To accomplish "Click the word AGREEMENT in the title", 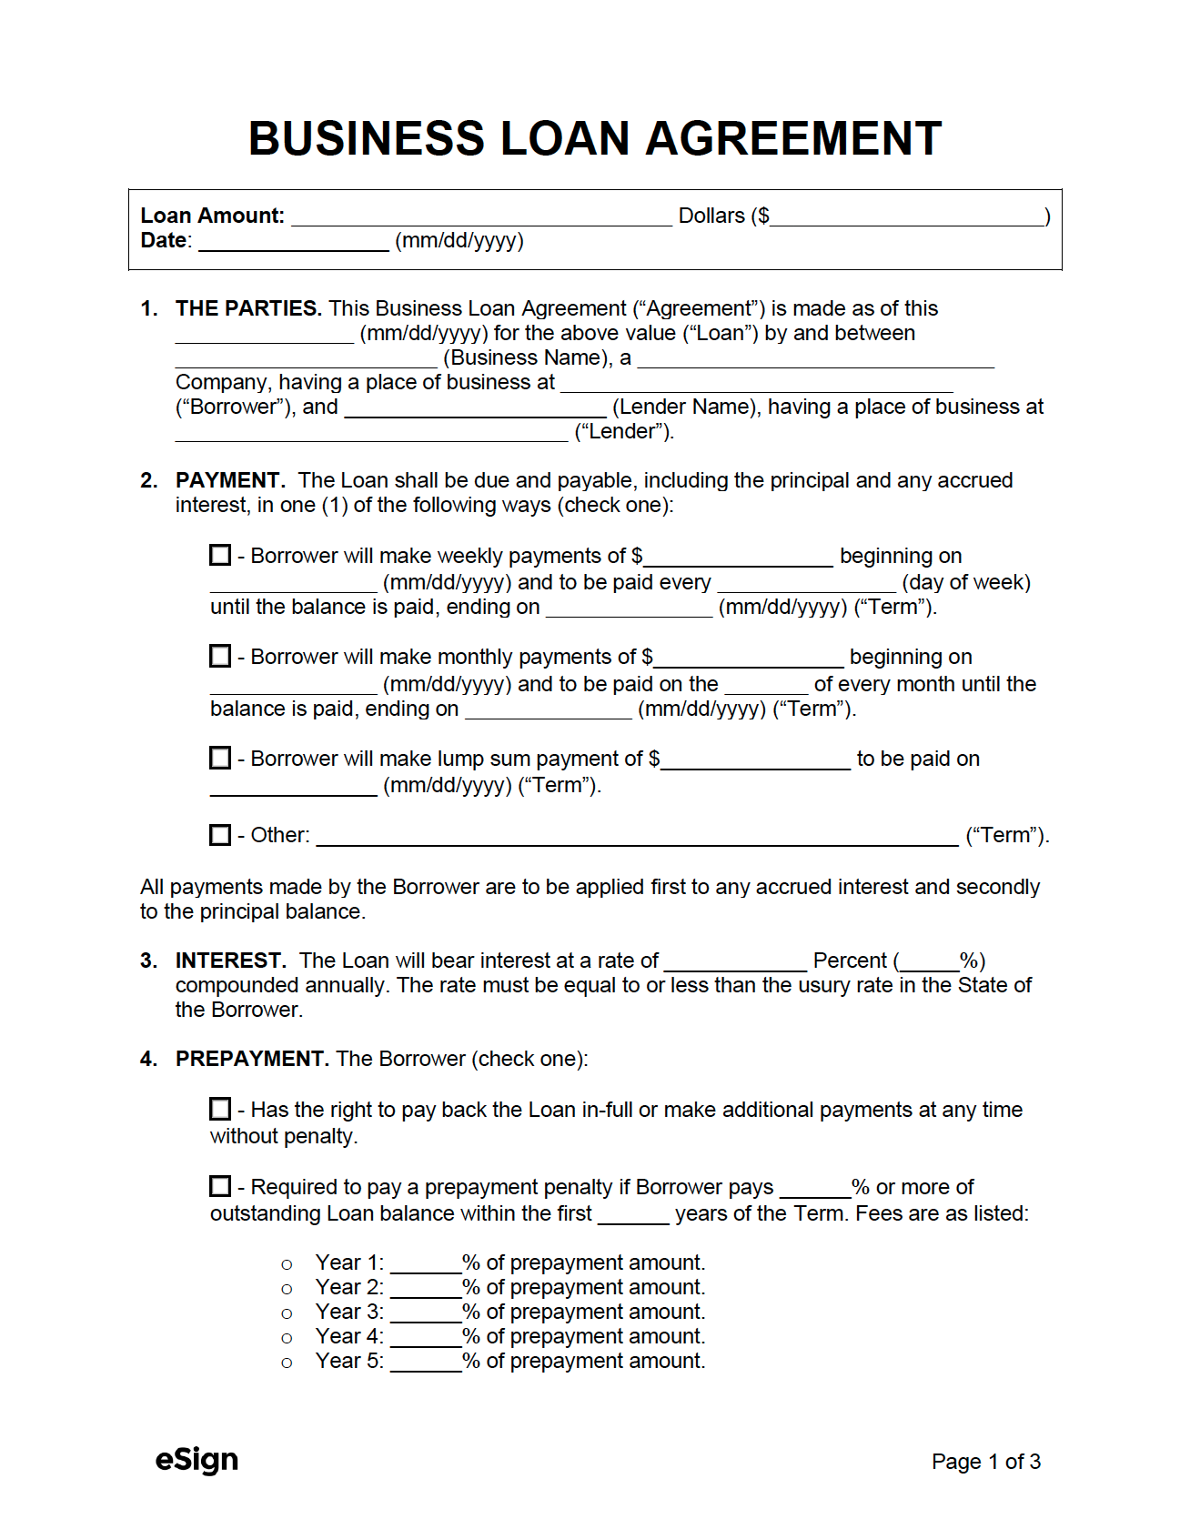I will [x=793, y=139].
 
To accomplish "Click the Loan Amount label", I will [x=212, y=216].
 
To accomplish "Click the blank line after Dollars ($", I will [x=907, y=218].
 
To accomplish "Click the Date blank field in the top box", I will [x=293, y=243].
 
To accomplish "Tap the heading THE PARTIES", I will [x=247, y=308].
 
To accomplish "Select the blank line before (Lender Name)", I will [x=475, y=409].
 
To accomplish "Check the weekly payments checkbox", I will [x=220, y=555].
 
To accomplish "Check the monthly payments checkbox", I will [x=220, y=656].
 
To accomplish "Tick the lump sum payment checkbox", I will [x=220, y=758].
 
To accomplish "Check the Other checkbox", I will [x=220, y=834].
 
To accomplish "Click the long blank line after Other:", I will [x=637, y=838].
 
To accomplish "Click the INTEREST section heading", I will [x=230, y=961].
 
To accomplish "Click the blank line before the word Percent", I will [x=735, y=963].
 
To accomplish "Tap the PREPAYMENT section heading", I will [x=251, y=1059].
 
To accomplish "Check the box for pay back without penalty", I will [x=220, y=1109].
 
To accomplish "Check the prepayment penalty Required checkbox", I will [x=220, y=1186].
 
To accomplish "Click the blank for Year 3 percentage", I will [x=425, y=1314].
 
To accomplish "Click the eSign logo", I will [x=197, y=1459].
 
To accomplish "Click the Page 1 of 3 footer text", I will [x=985, y=1462].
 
